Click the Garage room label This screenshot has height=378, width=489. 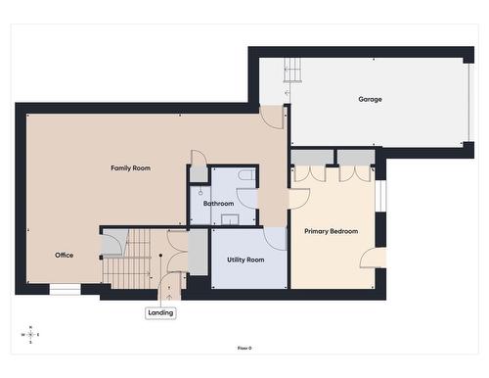(370, 99)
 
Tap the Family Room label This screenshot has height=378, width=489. (130, 168)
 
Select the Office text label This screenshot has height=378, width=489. (64, 255)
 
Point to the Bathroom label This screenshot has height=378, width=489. (218, 204)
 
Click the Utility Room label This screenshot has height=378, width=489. (245, 260)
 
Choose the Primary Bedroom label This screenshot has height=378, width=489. (331, 231)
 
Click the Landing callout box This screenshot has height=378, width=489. (160, 313)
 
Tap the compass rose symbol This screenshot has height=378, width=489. (30, 335)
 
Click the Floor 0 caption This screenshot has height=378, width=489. (244, 349)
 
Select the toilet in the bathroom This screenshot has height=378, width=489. (246, 175)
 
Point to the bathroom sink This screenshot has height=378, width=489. (230, 219)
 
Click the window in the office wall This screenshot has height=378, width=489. (65, 290)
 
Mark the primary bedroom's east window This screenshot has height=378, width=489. (380, 196)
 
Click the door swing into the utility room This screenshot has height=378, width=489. (275, 239)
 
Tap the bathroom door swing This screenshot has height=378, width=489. (247, 198)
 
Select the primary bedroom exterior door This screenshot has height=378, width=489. (373, 258)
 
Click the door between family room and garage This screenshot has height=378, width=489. (271, 118)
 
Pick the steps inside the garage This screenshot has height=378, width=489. (291, 71)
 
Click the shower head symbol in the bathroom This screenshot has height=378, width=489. (200, 192)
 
